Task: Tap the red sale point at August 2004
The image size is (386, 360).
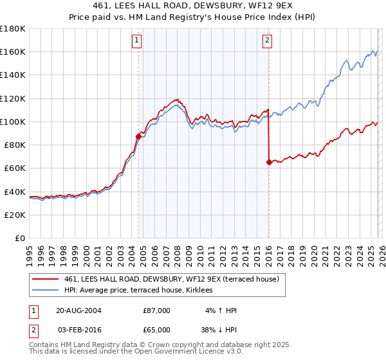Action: coord(138,136)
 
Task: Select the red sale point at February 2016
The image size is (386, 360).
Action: coord(268,162)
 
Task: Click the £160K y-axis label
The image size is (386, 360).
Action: coord(13,51)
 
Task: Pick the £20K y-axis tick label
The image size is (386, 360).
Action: coord(15,215)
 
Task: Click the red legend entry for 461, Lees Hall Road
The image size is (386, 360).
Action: coord(171,279)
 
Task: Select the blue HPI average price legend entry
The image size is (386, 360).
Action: coord(142,291)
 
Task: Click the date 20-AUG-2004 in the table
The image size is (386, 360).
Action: coord(78,310)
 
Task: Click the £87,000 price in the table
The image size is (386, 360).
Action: coord(157,310)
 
